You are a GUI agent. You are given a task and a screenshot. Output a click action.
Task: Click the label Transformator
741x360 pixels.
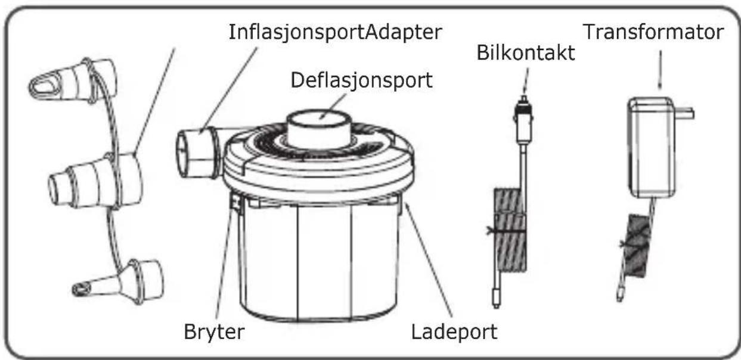(653, 32)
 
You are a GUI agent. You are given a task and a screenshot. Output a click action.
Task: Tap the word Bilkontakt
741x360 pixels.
(526, 53)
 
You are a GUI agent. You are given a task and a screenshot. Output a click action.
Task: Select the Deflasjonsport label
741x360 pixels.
(361, 80)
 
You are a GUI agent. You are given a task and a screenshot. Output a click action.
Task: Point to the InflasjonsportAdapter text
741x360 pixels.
(335, 32)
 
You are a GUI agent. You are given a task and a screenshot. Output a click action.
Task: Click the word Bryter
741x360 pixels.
(213, 332)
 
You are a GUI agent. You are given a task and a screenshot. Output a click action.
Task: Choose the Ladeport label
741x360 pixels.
(454, 332)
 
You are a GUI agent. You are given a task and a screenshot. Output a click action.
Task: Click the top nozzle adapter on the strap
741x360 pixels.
(73, 82)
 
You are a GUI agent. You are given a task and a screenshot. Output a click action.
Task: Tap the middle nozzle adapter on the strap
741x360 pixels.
(95, 181)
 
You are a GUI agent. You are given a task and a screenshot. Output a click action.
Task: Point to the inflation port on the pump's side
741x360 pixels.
(198, 153)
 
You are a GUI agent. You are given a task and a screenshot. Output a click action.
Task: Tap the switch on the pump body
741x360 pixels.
(236, 201)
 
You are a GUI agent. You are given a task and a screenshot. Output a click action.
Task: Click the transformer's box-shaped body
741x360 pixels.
(652, 148)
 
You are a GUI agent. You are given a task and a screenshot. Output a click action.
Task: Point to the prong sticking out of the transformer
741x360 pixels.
(684, 113)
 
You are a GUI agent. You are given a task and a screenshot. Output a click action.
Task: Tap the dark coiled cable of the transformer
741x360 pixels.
(637, 246)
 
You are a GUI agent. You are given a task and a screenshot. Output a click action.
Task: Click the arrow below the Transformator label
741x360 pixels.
(661, 70)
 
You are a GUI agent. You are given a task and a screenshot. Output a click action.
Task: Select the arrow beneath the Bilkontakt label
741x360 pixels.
(526, 82)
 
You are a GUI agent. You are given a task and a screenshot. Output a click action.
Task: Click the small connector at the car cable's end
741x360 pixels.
(496, 297)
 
